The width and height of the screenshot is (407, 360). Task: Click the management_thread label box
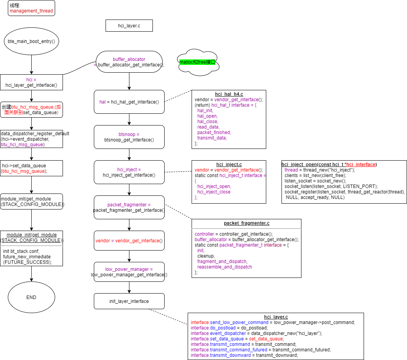click(31, 8)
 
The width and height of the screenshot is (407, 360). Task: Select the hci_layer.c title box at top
click(129, 26)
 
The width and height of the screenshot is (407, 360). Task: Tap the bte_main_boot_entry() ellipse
click(31, 41)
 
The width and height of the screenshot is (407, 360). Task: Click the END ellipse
click(31, 297)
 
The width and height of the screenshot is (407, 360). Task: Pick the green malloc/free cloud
click(197, 62)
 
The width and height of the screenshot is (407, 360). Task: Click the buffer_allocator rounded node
click(129, 62)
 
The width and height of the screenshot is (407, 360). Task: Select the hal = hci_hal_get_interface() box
click(129, 102)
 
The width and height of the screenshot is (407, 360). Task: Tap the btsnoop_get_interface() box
click(129, 137)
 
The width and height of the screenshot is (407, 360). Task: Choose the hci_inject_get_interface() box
click(129, 172)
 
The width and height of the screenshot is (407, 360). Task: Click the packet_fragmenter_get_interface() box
click(129, 207)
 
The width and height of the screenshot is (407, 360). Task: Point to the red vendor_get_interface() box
click(129, 241)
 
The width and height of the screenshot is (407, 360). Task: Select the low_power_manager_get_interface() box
click(129, 272)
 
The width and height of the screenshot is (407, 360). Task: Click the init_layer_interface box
click(129, 301)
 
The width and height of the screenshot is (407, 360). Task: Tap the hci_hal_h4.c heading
click(229, 94)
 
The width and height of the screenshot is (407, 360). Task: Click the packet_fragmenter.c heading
click(246, 223)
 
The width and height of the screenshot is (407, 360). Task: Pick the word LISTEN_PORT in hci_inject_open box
click(363, 186)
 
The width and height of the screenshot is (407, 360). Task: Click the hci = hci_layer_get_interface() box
click(31, 82)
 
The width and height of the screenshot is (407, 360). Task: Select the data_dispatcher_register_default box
click(31, 139)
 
